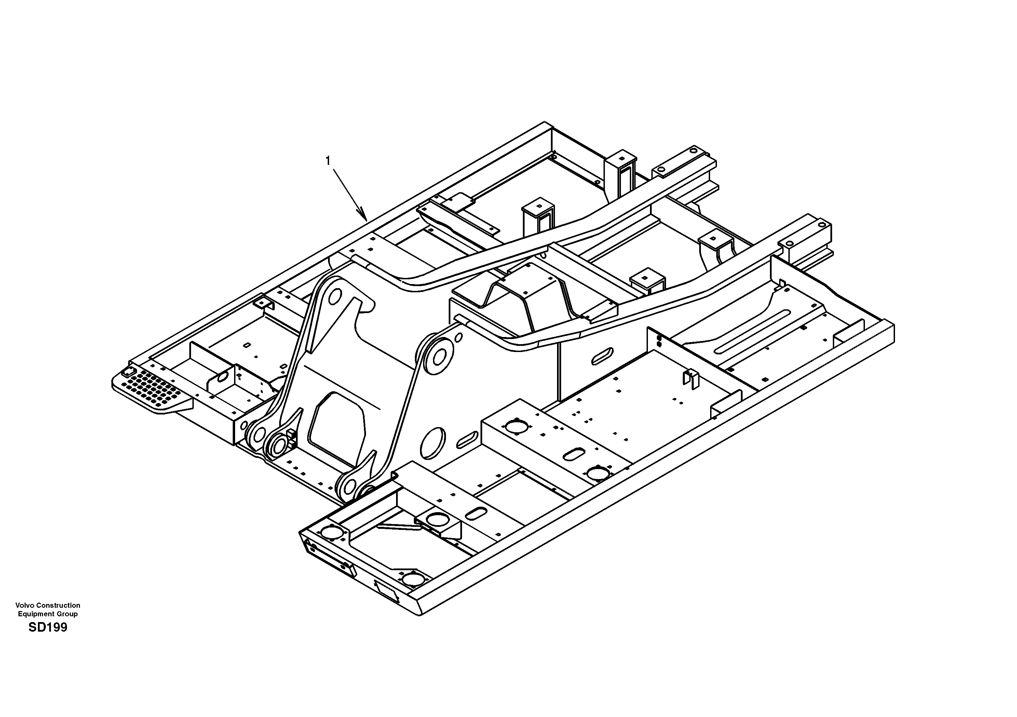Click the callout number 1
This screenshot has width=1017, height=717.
click(x=328, y=161)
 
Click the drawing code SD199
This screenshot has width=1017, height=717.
click(x=48, y=627)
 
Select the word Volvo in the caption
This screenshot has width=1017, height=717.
click(x=24, y=605)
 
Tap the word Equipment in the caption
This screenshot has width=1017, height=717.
click(x=36, y=614)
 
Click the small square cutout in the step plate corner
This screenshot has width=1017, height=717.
click(x=128, y=370)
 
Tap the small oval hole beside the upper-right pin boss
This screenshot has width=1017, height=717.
click(x=459, y=338)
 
